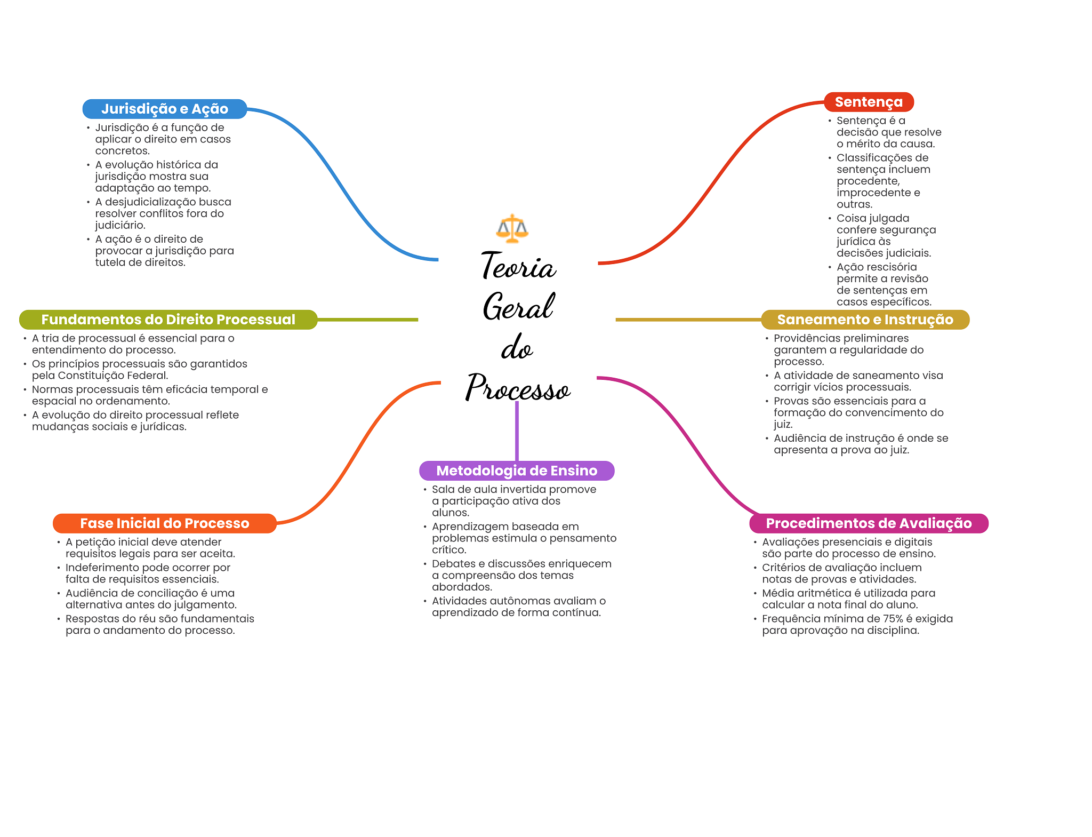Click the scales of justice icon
point(512,229)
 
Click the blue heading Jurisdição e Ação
point(164,109)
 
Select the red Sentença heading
point(869,102)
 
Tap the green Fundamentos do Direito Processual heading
point(168,320)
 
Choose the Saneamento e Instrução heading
point(865,320)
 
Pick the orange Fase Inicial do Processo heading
point(164,523)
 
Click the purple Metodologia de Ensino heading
point(517,471)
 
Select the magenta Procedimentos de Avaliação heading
point(869,523)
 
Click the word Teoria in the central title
point(518,266)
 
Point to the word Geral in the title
point(518,307)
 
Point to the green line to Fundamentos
point(368,320)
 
